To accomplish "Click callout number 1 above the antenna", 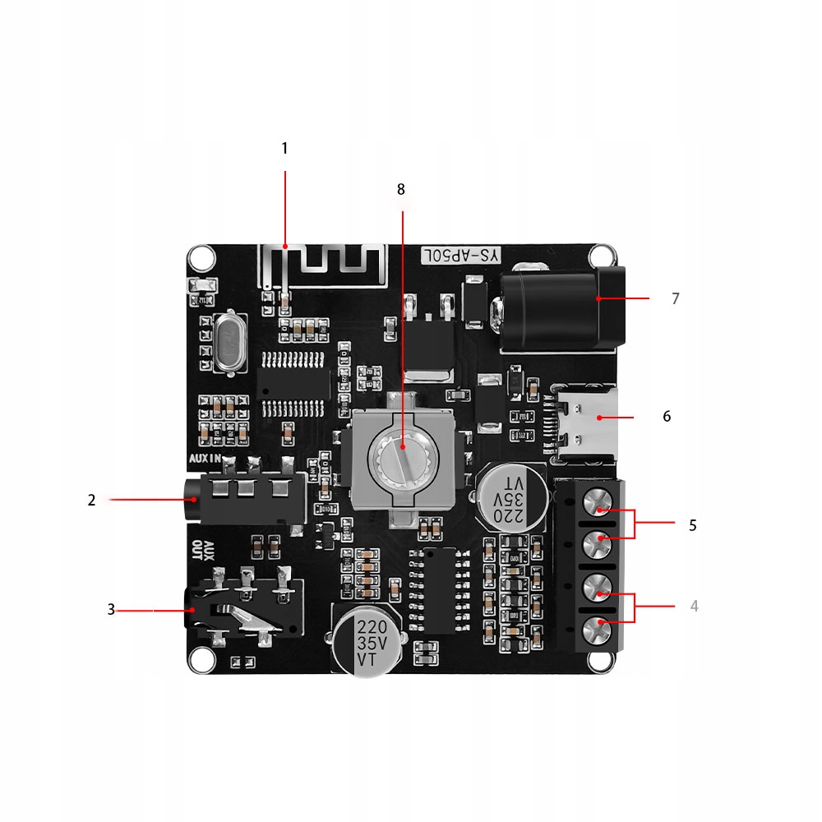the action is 285,149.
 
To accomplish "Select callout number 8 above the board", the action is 401,190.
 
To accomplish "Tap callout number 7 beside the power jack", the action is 676,299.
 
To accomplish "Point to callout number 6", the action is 667,417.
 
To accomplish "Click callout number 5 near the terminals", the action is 693,525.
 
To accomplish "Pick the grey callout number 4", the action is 695,606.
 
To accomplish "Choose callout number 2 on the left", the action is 92,500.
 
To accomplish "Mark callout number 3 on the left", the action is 111,610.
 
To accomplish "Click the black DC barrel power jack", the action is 559,308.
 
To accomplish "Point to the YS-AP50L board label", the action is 460,256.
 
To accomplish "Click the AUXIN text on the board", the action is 205,459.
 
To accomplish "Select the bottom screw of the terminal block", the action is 601,631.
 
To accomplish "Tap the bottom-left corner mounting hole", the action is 198,658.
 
